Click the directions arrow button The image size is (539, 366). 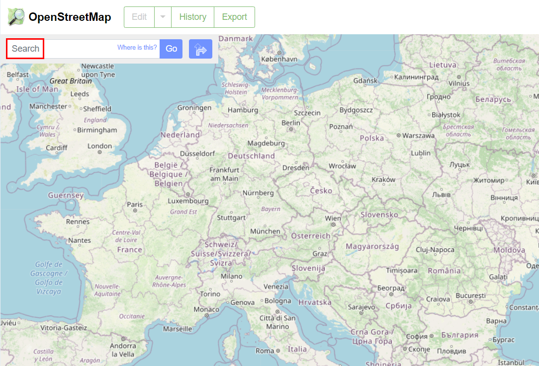[x=200, y=49]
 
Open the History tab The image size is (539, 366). [x=192, y=17]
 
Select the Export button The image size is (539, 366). [x=234, y=17]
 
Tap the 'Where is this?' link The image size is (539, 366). [x=137, y=48]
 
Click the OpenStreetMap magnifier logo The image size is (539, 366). [x=16, y=17]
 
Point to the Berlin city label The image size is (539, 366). [x=291, y=123]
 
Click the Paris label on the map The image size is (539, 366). [x=135, y=204]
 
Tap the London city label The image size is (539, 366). [x=99, y=146]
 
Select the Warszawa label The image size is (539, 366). [x=418, y=135]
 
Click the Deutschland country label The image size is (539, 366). [x=251, y=156]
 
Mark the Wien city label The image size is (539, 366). [x=333, y=218]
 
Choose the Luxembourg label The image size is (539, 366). [x=188, y=201]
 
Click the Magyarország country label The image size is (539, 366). [x=372, y=246]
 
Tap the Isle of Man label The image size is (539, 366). [x=37, y=89]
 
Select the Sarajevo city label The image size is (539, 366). [x=361, y=307]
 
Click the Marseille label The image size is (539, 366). [x=178, y=329]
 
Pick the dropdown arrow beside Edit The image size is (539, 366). [x=163, y=17]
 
